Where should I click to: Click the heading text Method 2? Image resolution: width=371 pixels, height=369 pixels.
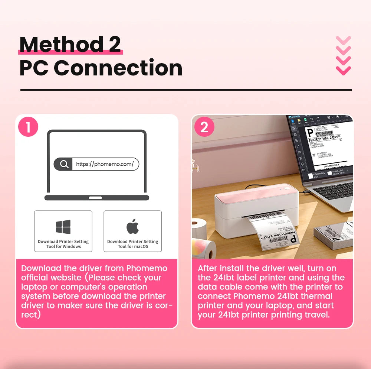[x=70, y=44]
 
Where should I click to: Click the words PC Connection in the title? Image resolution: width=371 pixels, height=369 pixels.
[x=101, y=68]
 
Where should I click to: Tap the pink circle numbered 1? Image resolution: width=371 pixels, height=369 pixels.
[x=28, y=127]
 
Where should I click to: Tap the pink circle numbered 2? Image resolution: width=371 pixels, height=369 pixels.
[x=204, y=127]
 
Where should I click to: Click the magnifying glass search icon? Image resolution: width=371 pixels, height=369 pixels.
[x=64, y=164]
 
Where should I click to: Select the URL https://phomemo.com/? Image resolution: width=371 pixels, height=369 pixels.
[x=105, y=164]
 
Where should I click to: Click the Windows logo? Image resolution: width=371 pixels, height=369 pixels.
[x=63, y=227]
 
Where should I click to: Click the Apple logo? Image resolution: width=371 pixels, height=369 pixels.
[x=132, y=226]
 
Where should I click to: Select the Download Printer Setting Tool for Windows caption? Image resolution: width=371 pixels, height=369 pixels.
[x=63, y=244]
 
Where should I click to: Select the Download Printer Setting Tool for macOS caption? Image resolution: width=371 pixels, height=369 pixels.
[x=133, y=244]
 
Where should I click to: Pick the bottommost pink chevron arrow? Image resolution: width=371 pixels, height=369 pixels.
[x=343, y=69]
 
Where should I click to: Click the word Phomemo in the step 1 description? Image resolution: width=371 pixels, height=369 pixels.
[x=147, y=268]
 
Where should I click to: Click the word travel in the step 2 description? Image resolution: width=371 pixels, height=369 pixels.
[x=317, y=315]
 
